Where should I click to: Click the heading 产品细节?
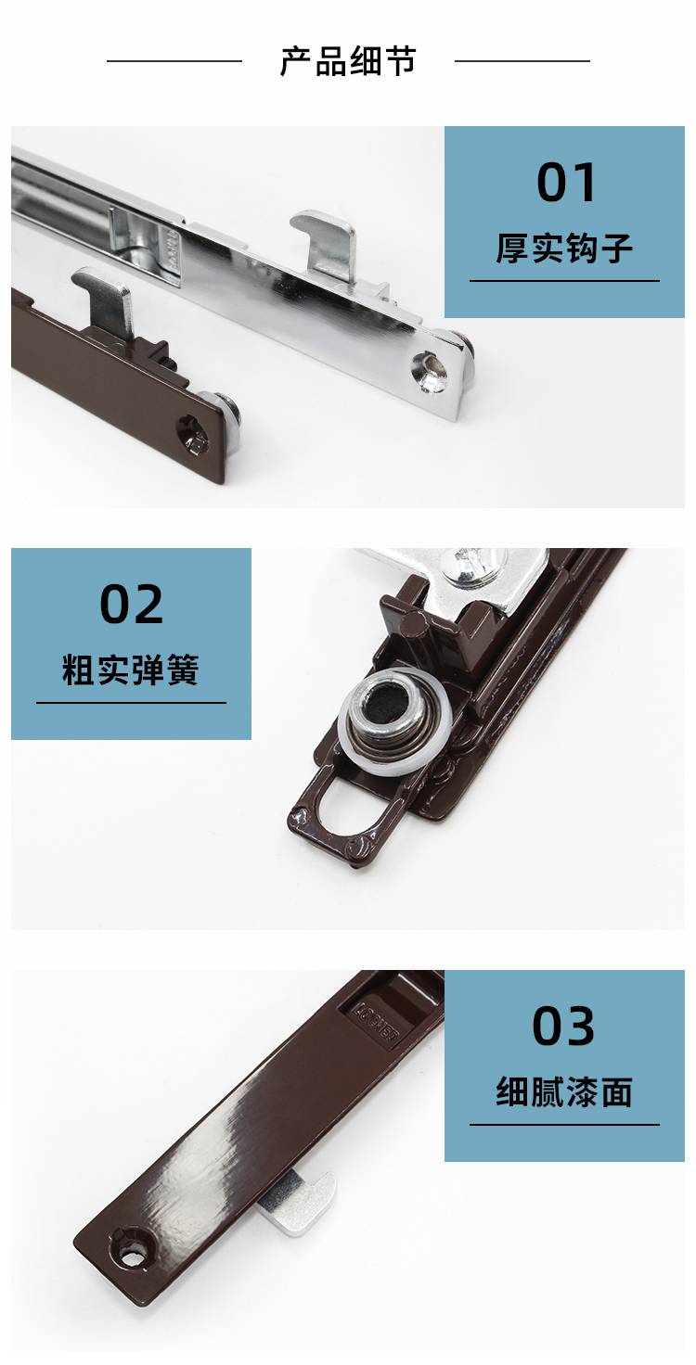point(348,61)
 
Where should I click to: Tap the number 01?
point(565,183)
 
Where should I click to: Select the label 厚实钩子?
point(564,248)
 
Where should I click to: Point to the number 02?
point(131,604)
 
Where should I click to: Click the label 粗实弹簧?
point(131,670)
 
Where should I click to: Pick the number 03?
point(563,1027)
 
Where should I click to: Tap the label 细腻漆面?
point(564,1091)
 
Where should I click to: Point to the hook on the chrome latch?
point(324,244)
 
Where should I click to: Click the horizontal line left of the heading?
point(174,61)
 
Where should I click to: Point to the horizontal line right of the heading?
point(522,61)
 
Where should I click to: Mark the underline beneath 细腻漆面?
point(564,1124)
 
